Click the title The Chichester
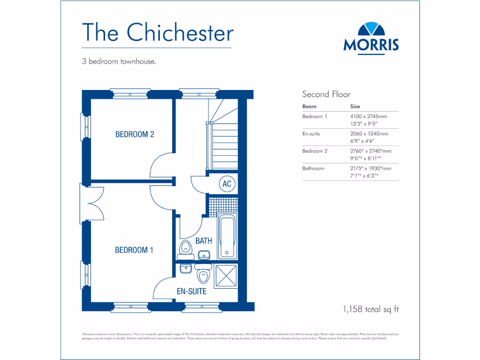[x=157, y=32]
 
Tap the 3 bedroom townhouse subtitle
[x=119, y=61]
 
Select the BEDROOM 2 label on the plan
[x=135, y=135]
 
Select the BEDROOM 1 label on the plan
[x=134, y=250]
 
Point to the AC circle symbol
[x=227, y=184]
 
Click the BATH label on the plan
[x=203, y=241]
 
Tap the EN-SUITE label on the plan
[x=191, y=291]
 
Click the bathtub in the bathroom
[x=227, y=236]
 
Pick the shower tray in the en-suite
[x=225, y=276]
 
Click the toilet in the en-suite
[x=203, y=275]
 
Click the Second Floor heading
[x=326, y=94]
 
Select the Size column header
[x=355, y=106]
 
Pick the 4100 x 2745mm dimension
[x=368, y=116]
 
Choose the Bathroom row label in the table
[x=313, y=168]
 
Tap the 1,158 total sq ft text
[x=371, y=309]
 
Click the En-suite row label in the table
[x=311, y=134]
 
